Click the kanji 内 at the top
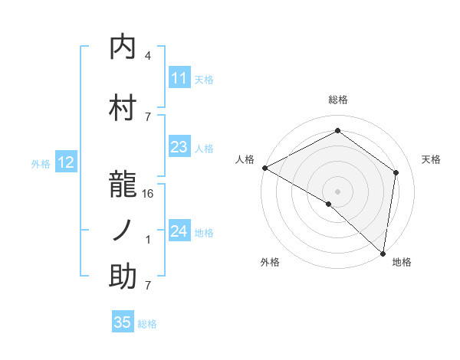click(123, 47)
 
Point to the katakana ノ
click(123, 230)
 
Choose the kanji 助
click(123, 277)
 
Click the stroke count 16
click(148, 194)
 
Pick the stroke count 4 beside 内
click(148, 56)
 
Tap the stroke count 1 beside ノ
click(148, 240)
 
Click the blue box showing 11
click(179, 78)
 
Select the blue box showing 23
click(179, 147)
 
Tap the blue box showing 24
click(179, 231)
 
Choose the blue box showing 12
click(66, 162)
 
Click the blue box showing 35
click(123, 322)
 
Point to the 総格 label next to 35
click(147, 324)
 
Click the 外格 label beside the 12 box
click(41, 163)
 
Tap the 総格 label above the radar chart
click(338, 100)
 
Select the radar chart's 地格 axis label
click(402, 262)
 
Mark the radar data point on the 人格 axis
click(264, 168)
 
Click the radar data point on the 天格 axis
click(396, 172)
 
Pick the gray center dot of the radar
click(337, 191)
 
